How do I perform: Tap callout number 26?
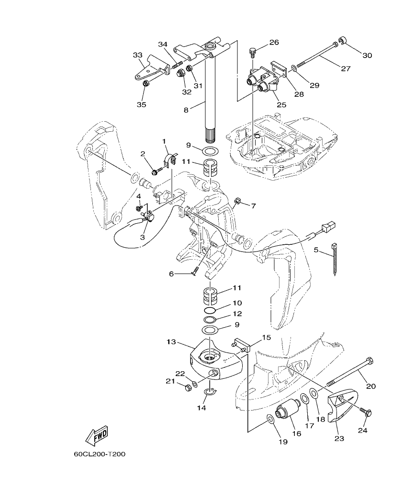[274, 42]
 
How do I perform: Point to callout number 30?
[367, 55]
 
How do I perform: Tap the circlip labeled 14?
[210, 392]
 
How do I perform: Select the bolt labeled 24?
[366, 412]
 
